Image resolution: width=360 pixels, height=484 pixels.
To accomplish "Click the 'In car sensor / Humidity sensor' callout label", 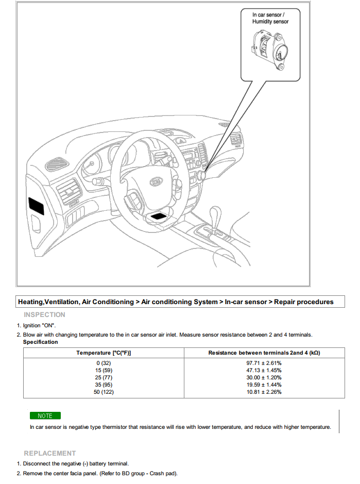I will click(x=270, y=19).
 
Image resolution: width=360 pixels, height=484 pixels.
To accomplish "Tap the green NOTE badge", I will click(x=45, y=415).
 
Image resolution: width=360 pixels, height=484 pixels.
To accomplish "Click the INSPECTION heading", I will click(x=45, y=314).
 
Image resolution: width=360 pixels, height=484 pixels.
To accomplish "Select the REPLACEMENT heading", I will click(x=50, y=453).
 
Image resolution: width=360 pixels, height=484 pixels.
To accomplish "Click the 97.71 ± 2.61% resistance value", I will click(x=264, y=363).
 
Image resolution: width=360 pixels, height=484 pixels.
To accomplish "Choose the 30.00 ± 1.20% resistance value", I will click(x=264, y=377).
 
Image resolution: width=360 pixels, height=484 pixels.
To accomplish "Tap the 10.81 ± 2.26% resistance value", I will click(x=264, y=392).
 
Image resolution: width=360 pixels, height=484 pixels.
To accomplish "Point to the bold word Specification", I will click(x=41, y=342).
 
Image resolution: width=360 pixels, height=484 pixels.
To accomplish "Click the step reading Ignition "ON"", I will click(x=39, y=326).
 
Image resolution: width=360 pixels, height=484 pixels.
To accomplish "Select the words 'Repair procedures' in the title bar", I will click(x=303, y=302).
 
